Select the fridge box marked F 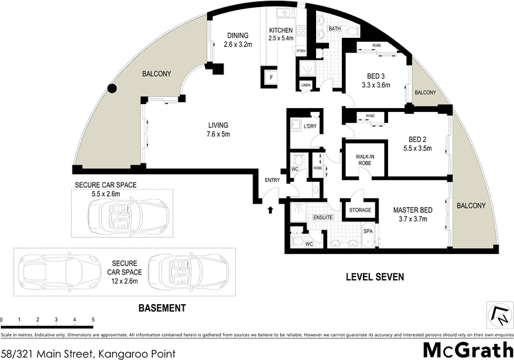click(272, 78)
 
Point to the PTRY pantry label click(301, 51)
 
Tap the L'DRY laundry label click(311, 126)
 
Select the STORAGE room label click(360, 210)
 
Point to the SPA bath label click(368, 230)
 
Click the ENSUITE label click(323, 218)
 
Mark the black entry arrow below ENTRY click(270, 209)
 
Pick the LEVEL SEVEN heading click(375, 277)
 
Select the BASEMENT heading click(163, 307)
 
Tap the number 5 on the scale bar click(93, 319)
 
